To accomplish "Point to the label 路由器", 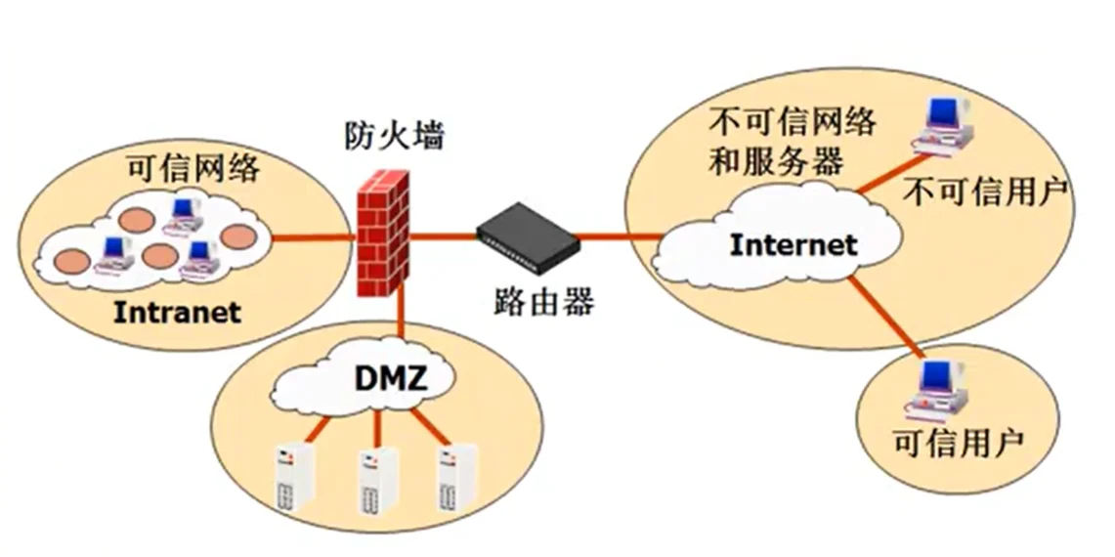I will click(x=539, y=301).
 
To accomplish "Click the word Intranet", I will click(x=177, y=313).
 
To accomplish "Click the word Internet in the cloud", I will click(x=793, y=243).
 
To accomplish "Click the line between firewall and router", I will click(x=443, y=236).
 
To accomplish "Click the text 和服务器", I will click(x=774, y=161).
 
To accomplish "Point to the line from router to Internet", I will click(x=621, y=236).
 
